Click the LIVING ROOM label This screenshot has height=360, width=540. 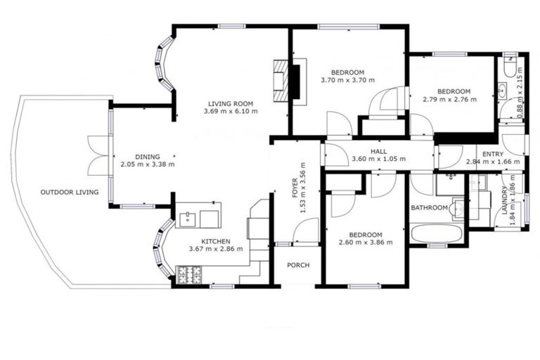[x=231, y=103]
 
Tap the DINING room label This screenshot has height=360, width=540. [x=148, y=156]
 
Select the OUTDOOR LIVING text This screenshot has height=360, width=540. [x=69, y=192]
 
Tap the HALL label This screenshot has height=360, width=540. [x=378, y=150]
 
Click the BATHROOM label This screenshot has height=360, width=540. [x=429, y=208]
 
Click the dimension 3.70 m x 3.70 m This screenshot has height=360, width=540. [x=347, y=81]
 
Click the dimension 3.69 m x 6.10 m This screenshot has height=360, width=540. [x=231, y=111]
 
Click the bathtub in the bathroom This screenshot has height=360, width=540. [x=436, y=233]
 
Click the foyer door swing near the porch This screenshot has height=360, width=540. [x=305, y=231]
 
